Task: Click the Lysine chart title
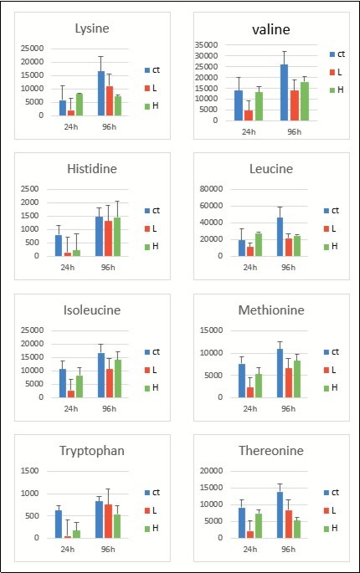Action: pyautogui.click(x=92, y=28)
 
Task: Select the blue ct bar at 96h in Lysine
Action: pyautogui.click(x=101, y=93)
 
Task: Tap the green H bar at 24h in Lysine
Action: pyautogui.click(x=80, y=105)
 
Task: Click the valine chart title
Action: pyautogui.click(x=271, y=29)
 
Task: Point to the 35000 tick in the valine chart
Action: pyautogui.click(x=207, y=44)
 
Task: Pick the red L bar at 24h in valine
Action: pyautogui.click(x=249, y=115)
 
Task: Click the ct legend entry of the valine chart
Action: pyautogui.click(x=337, y=54)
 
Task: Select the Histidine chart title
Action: pyautogui.click(x=92, y=169)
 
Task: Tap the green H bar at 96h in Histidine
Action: pyautogui.click(x=116, y=237)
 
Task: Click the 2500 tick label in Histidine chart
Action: pyautogui.click(x=29, y=188)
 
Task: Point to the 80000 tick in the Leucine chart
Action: pyautogui.click(x=211, y=188)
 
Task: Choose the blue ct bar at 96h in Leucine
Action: pyautogui.click(x=280, y=237)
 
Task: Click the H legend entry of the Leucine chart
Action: pyautogui.click(x=331, y=246)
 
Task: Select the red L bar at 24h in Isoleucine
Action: pyautogui.click(x=71, y=394)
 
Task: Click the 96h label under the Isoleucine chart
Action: pyautogui.click(x=109, y=408)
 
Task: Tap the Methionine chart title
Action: pyautogui.click(x=271, y=310)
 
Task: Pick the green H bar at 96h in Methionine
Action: pyautogui.click(x=296, y=379)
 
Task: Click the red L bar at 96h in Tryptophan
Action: pyautogui.click(x=108, y=521)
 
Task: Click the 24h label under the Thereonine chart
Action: pyautogui.click(x=250, y=549)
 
